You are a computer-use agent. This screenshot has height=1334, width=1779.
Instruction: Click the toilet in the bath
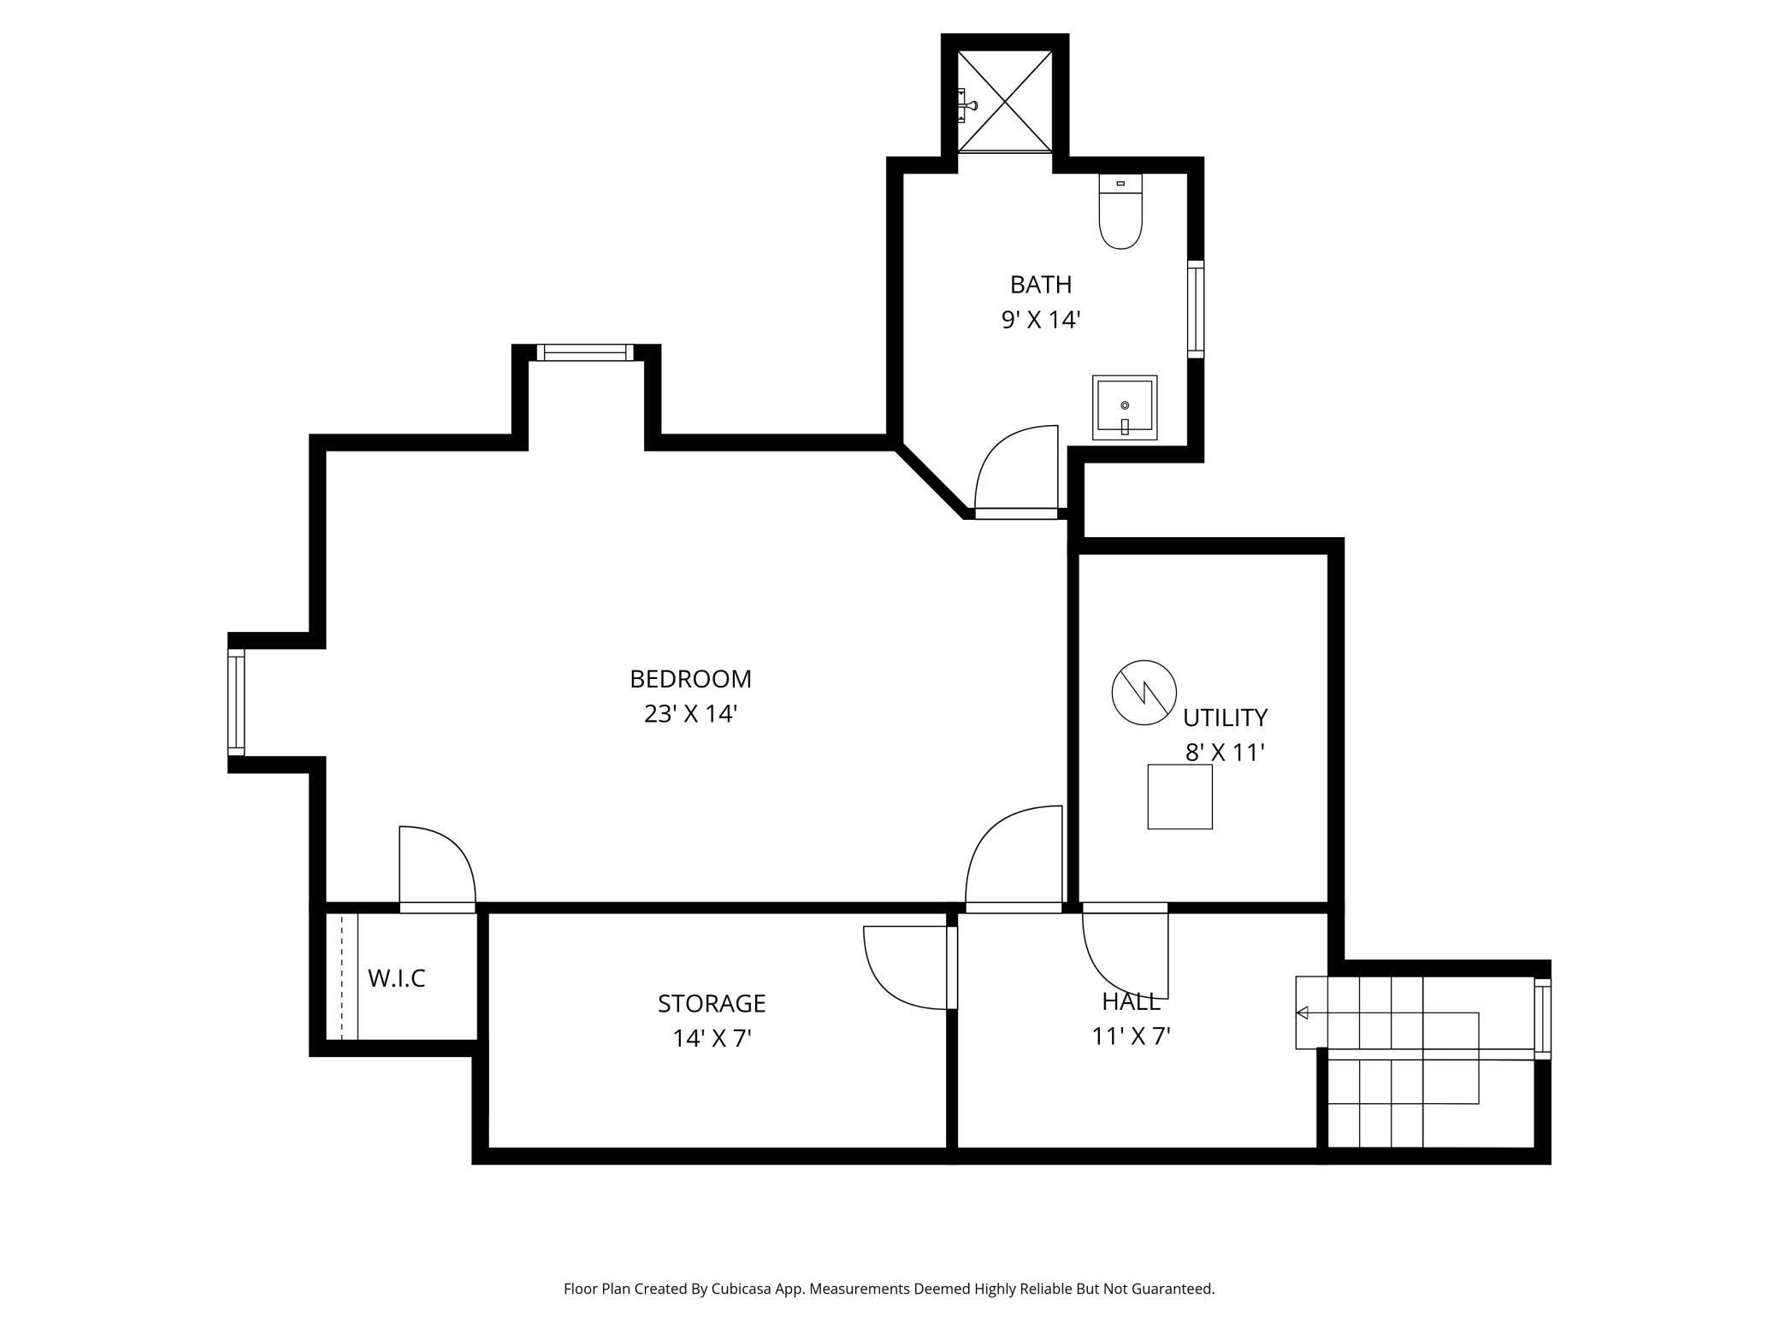[1120, 211]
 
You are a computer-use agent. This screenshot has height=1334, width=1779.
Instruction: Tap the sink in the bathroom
[1125, 408]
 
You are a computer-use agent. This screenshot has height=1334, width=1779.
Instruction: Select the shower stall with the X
[1005, 101]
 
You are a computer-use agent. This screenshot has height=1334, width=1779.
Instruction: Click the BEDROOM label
[690, 679]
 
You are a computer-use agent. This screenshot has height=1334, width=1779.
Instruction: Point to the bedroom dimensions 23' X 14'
[690, 714]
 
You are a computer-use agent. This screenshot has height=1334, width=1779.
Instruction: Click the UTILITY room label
[1225, 717]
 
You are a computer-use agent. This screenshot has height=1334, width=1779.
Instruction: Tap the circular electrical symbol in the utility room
[1144, 693]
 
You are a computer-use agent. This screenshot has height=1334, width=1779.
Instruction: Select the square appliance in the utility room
[1180, 797]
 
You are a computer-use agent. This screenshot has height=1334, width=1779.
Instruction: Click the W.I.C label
[397, 978]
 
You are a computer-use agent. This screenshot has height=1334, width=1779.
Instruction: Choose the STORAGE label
[712, 1003]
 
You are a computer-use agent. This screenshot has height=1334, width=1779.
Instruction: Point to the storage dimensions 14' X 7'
[712, 1038]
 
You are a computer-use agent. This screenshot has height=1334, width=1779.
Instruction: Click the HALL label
[1131, 1001]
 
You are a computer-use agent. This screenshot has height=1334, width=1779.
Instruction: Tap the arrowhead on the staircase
[1303, 1013]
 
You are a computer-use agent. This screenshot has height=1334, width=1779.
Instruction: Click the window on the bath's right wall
[1196, 310]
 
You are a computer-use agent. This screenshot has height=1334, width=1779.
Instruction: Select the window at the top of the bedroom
[586, 352]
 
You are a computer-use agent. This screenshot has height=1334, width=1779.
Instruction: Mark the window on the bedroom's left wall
[236, 703]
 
